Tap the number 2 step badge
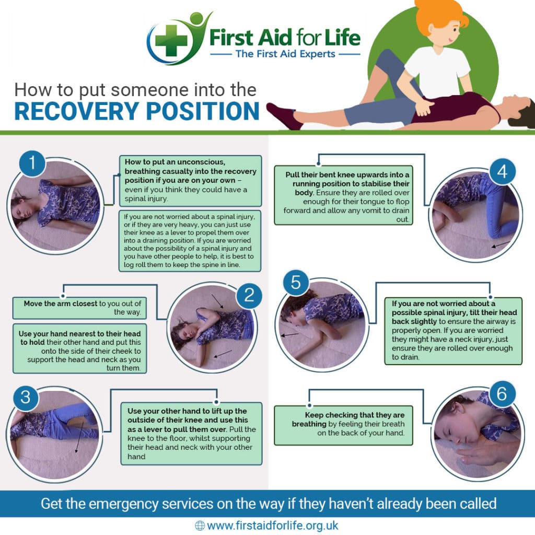pos(249,297)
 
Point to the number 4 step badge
pos(502,172)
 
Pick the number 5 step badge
pos(296,284)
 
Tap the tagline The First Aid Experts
pos(285,53)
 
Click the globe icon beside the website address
pos(200,525)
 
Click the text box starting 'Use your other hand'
pos(191,433)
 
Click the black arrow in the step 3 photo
pos(78,441)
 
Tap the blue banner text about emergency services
pos(267,504)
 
